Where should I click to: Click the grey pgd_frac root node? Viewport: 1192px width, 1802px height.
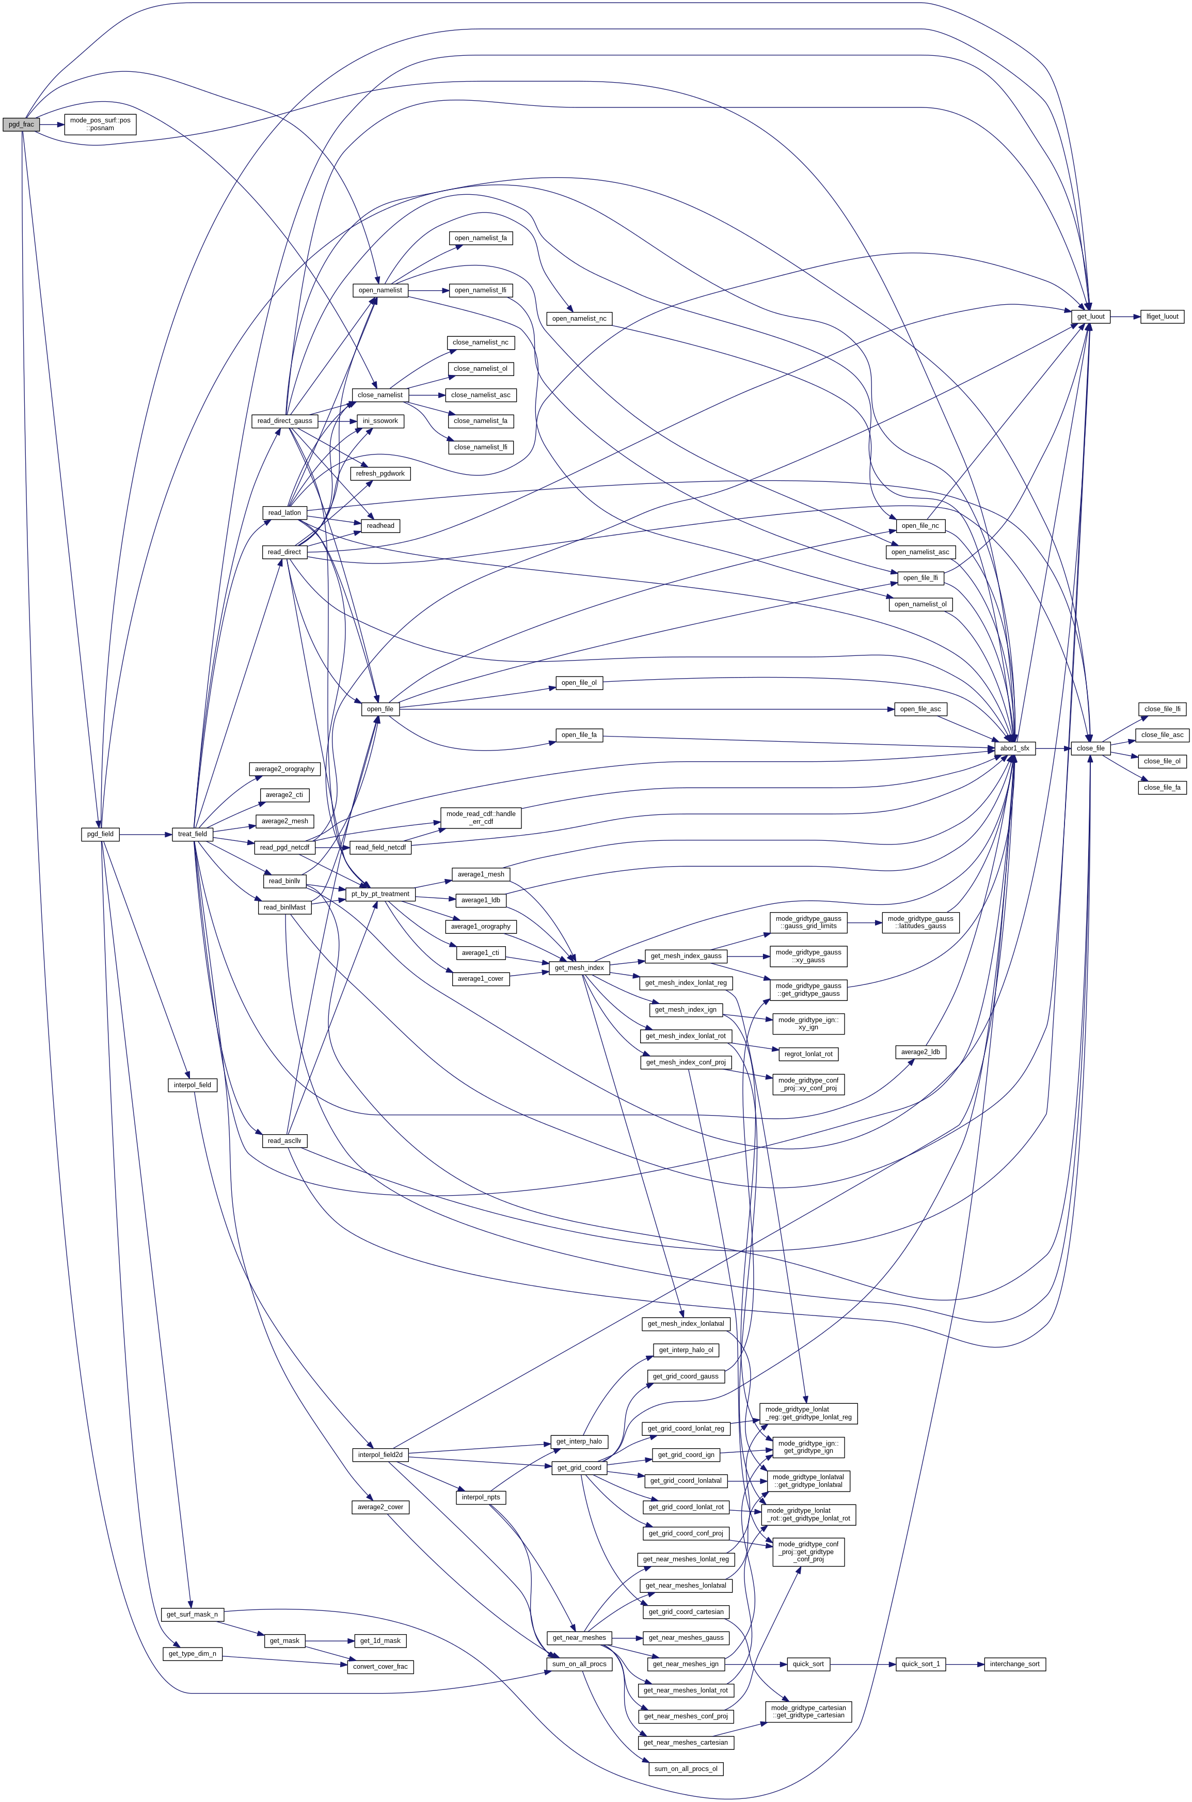(21, 124)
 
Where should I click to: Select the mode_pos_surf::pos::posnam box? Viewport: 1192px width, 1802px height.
(100, 124)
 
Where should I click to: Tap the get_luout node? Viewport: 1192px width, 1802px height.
(1091, 316)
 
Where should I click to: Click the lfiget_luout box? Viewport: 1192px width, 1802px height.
(1162, 316)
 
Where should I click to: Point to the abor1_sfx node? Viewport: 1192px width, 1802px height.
(1014, 748)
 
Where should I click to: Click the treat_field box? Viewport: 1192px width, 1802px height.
(193, 834)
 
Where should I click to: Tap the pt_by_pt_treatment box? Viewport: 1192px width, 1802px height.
(380, 894)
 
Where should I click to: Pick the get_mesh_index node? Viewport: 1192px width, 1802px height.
(579, 968)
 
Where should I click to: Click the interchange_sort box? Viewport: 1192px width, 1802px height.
(1014, 1665)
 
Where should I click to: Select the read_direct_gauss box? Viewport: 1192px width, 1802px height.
(285, 420)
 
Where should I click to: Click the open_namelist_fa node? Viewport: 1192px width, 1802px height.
(481, 238)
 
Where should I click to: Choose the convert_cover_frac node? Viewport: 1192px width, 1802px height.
(380, 1667)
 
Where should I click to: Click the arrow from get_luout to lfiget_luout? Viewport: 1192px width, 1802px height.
(1124, 316)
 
